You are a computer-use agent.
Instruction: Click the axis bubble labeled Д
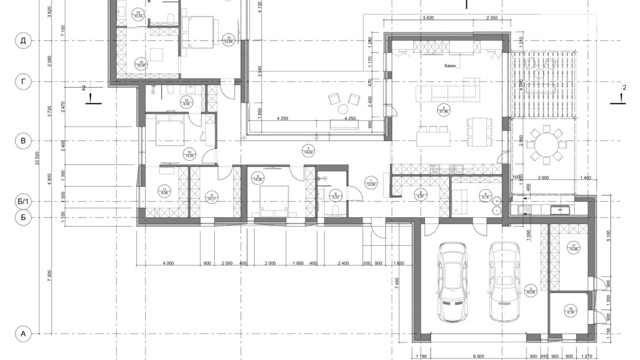23,41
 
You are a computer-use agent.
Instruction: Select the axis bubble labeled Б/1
23,201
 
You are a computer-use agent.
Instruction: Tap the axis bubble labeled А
23,334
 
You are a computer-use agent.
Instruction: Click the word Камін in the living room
450,65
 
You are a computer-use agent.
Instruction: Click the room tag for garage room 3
530,290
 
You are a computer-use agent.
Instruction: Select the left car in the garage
452,282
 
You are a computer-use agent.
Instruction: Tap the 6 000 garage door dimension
478,356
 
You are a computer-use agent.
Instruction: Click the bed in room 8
274,201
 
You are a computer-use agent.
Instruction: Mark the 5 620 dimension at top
428,18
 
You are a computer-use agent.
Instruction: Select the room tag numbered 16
570,310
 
